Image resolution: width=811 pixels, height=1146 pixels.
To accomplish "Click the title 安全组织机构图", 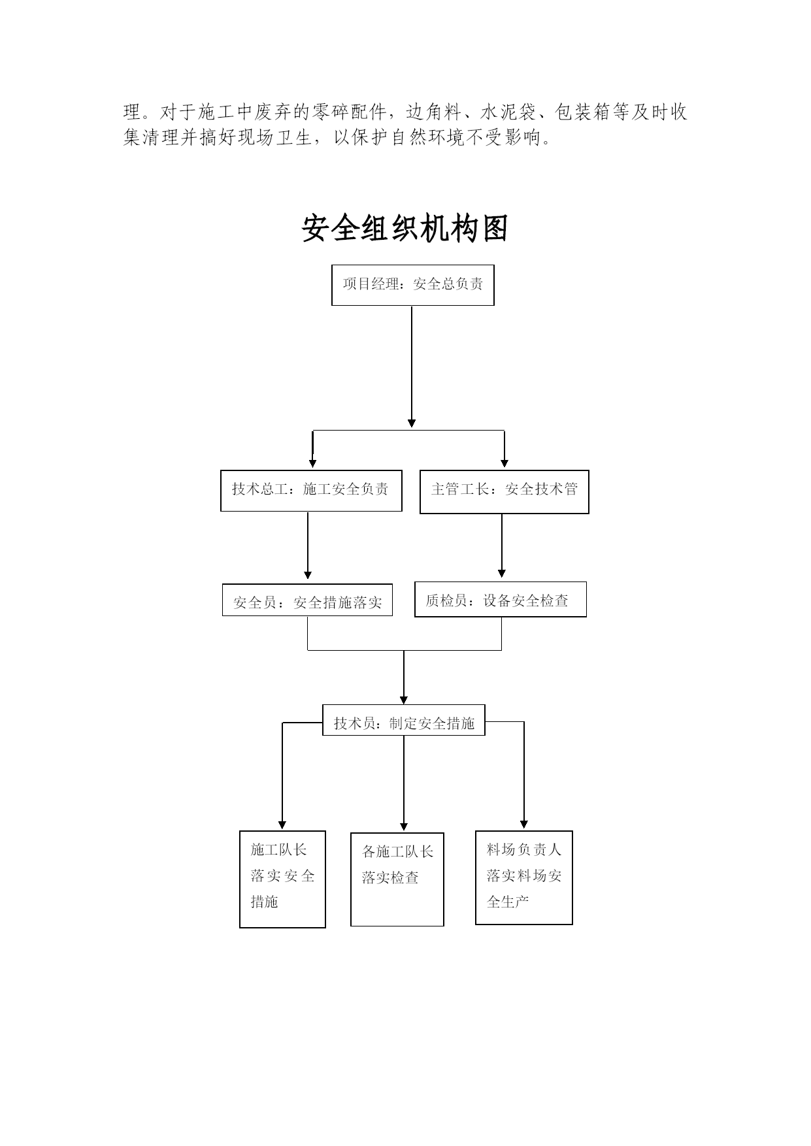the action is (405, 228).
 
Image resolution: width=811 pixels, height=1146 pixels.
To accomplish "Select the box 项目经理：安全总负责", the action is (413, 285).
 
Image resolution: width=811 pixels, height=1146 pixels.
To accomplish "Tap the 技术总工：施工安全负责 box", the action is (311, 491).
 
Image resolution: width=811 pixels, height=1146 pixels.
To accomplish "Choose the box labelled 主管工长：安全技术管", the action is (504, 491).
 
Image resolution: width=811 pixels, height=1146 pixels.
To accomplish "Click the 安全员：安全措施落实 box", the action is (307, 600).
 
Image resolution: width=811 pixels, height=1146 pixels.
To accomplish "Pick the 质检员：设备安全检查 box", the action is (501, 599).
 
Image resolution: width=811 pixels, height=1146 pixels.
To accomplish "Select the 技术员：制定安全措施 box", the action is (404, 720).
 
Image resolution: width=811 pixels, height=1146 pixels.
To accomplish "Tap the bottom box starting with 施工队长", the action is (282, 879).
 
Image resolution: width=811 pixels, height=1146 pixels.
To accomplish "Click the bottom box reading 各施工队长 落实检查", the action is (397, 879).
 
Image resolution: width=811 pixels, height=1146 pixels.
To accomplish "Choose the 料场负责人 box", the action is (524, 877).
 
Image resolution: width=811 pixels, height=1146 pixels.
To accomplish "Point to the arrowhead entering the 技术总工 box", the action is (313, 464).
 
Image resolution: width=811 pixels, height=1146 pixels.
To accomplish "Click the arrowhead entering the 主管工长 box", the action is (505, 463).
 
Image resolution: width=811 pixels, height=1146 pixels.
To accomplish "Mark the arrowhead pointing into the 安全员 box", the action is (308, 575).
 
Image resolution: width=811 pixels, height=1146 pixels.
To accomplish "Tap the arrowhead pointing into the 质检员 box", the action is (502, 574).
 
